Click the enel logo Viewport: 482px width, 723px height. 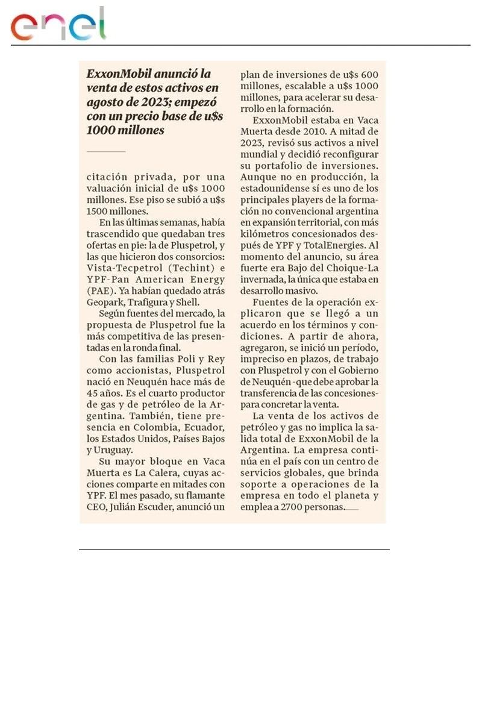tap(58, 24)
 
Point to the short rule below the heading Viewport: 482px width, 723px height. tap(106, 151)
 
